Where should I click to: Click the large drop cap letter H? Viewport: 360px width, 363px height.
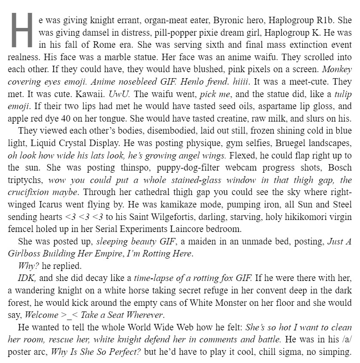21,29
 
